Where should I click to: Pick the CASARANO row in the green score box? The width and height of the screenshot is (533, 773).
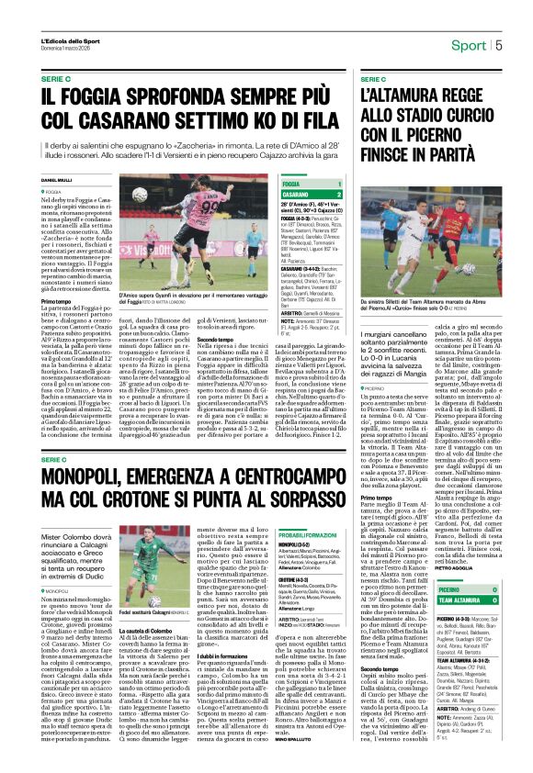pyautogui.click(x=301, y=195)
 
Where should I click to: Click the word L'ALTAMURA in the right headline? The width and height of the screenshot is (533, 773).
pyautogui.click(x=403, y=95)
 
